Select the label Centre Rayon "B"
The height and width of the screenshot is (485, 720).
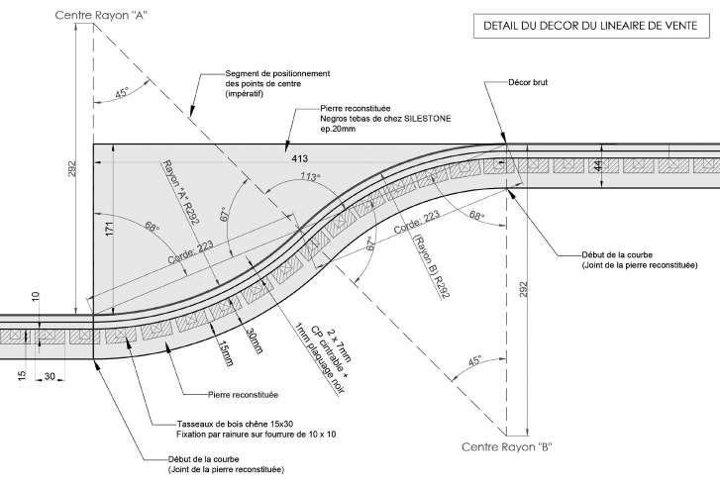507,447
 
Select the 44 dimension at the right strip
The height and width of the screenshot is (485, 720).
708,165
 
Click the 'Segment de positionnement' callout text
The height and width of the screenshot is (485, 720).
277,74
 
